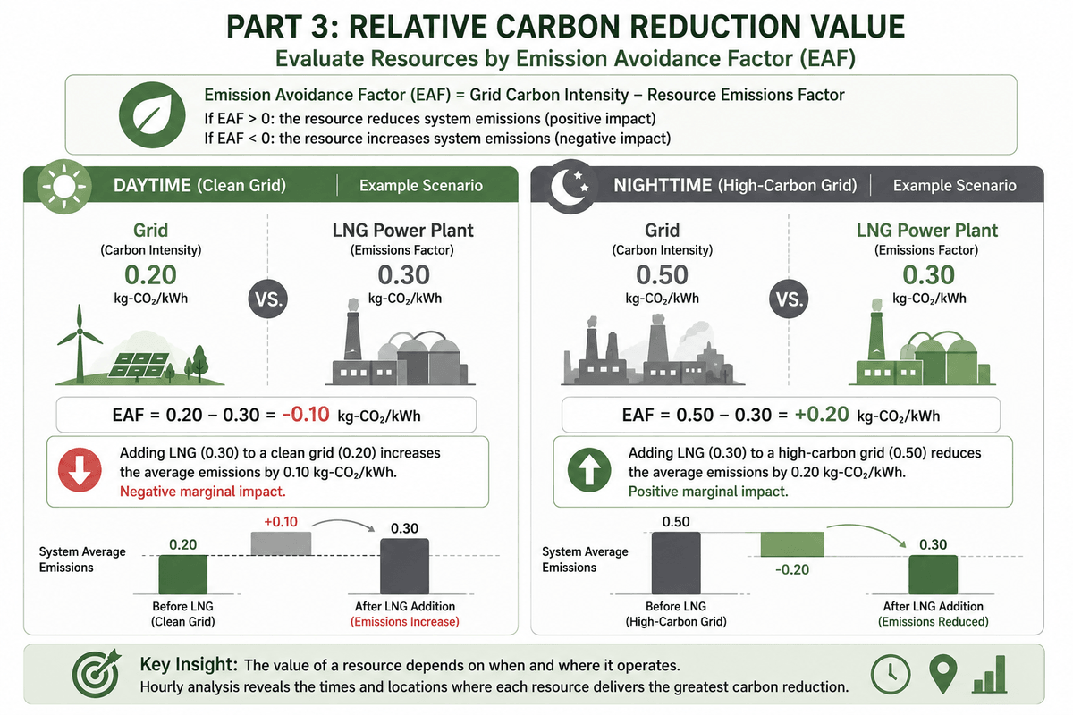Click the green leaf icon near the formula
pos(152,115)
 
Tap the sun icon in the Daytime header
pos(64,186)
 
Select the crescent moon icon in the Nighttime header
pos(570,186)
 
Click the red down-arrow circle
pos(80,470)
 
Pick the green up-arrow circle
pos(588,470)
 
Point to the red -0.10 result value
pos(306,414)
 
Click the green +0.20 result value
pos(822,414)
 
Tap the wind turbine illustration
pos(80,344)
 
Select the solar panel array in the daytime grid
pos(139,366)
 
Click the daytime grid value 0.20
pos(150,275)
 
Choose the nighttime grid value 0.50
pos(662,275)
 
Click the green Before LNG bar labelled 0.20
pos(183,575)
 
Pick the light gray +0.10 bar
pos(281,543)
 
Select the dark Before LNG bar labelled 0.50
pos(676,563)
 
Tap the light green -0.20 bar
pos(792,544)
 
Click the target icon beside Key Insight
pos(96,673)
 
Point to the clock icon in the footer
pos(891,674)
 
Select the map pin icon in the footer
pos(942,674)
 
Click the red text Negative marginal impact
pos(203,492)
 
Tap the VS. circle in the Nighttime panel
pos(789,299)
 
